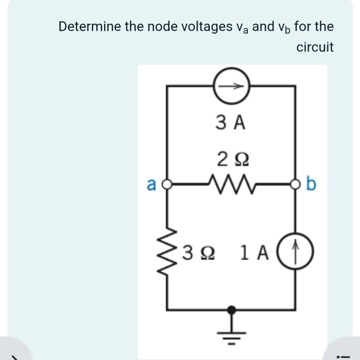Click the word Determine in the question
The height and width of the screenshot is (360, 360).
pos(90,26)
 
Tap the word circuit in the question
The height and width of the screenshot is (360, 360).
pos(315,47)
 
